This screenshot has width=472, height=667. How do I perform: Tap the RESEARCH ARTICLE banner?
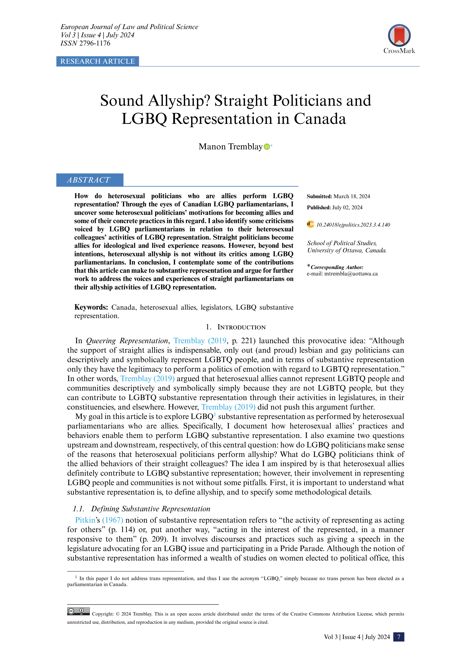(x=98, y=61)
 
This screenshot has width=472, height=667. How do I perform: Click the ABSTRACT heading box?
(x=89, y=180)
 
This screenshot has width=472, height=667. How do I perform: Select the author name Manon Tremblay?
(x=230, y=147)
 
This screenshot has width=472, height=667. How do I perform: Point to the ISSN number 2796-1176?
(x=95, y=43)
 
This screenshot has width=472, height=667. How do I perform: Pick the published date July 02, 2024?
(x=347, y=207)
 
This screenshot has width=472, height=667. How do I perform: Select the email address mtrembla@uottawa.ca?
(x=351, y=274)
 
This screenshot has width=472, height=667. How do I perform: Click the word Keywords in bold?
(x=91, y=307)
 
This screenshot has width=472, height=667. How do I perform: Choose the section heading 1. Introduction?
(x=235, y=327)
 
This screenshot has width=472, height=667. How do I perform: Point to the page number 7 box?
(x=398, y=637)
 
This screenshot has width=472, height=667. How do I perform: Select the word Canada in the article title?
(x=320, y=119)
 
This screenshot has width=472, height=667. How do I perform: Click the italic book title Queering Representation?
(x=127, y=341)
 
